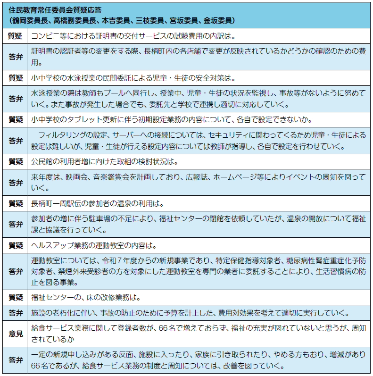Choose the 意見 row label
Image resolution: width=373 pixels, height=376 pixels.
coord(16,333)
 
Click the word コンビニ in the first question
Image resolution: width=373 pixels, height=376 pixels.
coord(45,36)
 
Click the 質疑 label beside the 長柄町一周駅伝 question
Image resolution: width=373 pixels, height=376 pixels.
coord(16,204)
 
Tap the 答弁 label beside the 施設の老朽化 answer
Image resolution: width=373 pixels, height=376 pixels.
coord(16,312)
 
